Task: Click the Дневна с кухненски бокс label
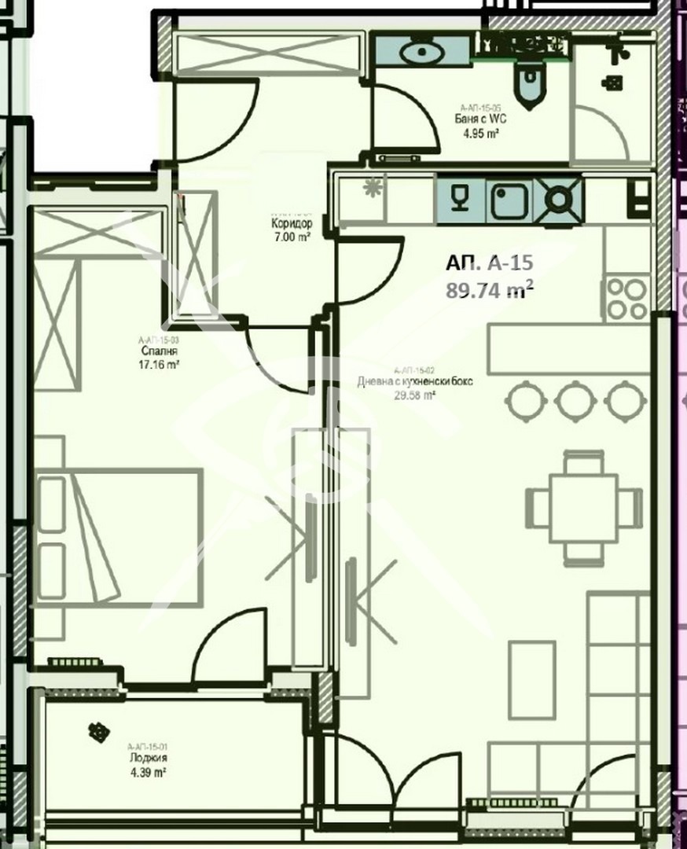pos(417,382)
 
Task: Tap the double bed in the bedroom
pos(118,537)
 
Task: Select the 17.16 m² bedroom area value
pos(156,365)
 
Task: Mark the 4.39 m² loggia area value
pos(149,773)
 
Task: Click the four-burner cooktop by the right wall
pos(626,299)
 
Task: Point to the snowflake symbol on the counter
pos(371,188)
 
